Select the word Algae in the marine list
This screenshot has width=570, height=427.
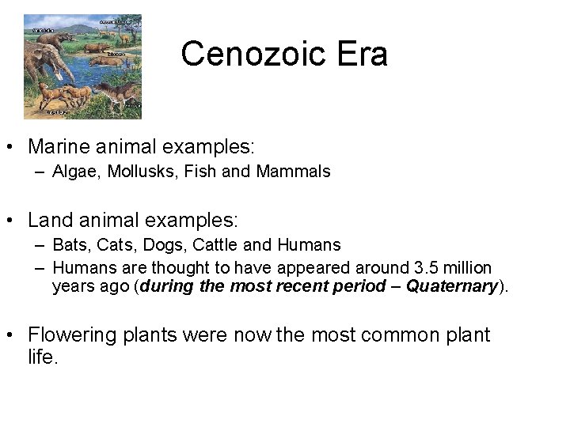(x=73, y=172)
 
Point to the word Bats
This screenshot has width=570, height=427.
(x=69, y=245)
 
